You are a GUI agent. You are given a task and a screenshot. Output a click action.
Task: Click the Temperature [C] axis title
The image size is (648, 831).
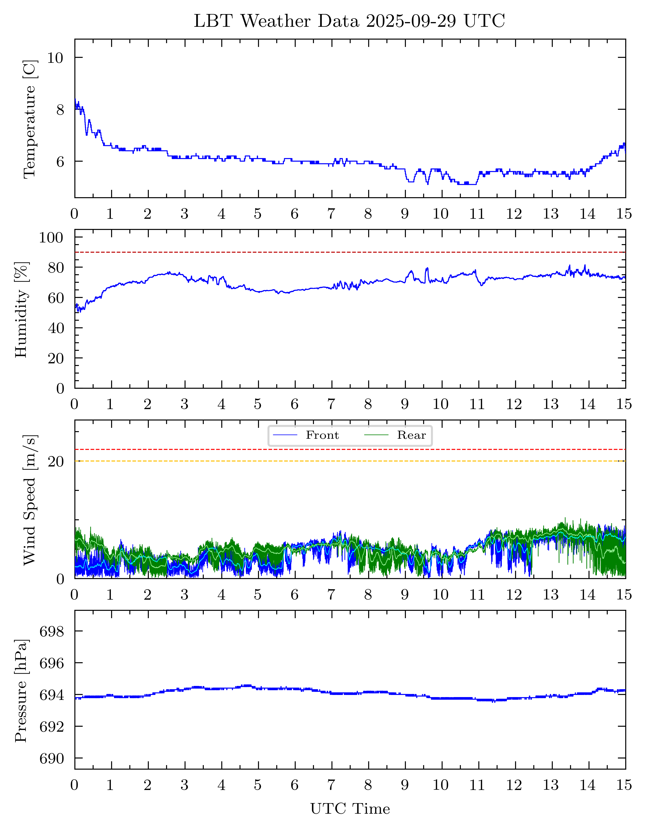[x=30, y=119]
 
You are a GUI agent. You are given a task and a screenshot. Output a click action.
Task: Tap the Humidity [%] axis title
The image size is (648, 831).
[x=21, y=310]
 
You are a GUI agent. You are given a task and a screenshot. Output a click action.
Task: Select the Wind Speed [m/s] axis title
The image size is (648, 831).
[x=30, y=500]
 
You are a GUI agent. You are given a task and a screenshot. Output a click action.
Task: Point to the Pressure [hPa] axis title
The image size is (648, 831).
[x=21, y=691]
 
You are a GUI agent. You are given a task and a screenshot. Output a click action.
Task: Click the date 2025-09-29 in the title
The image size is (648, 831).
[x=411, y=21]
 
